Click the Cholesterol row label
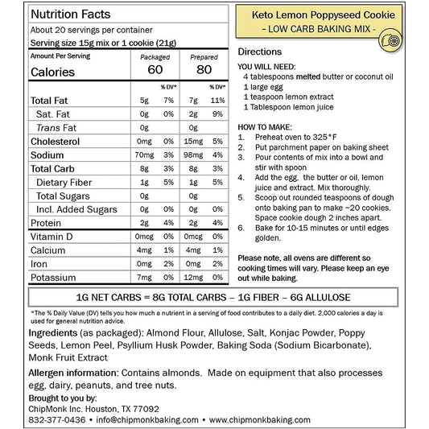pyautogui.click(x=54, y=141)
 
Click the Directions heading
pyautogui.click(x=260, y=51)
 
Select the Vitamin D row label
pyautogui.click(x=54, y=236)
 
